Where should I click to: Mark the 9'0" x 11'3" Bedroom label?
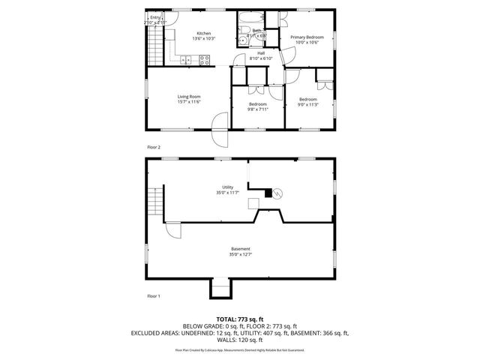(x=308, y=102)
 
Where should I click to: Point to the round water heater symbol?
(x=277, y=193)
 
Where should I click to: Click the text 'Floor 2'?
(x=154, y=148)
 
